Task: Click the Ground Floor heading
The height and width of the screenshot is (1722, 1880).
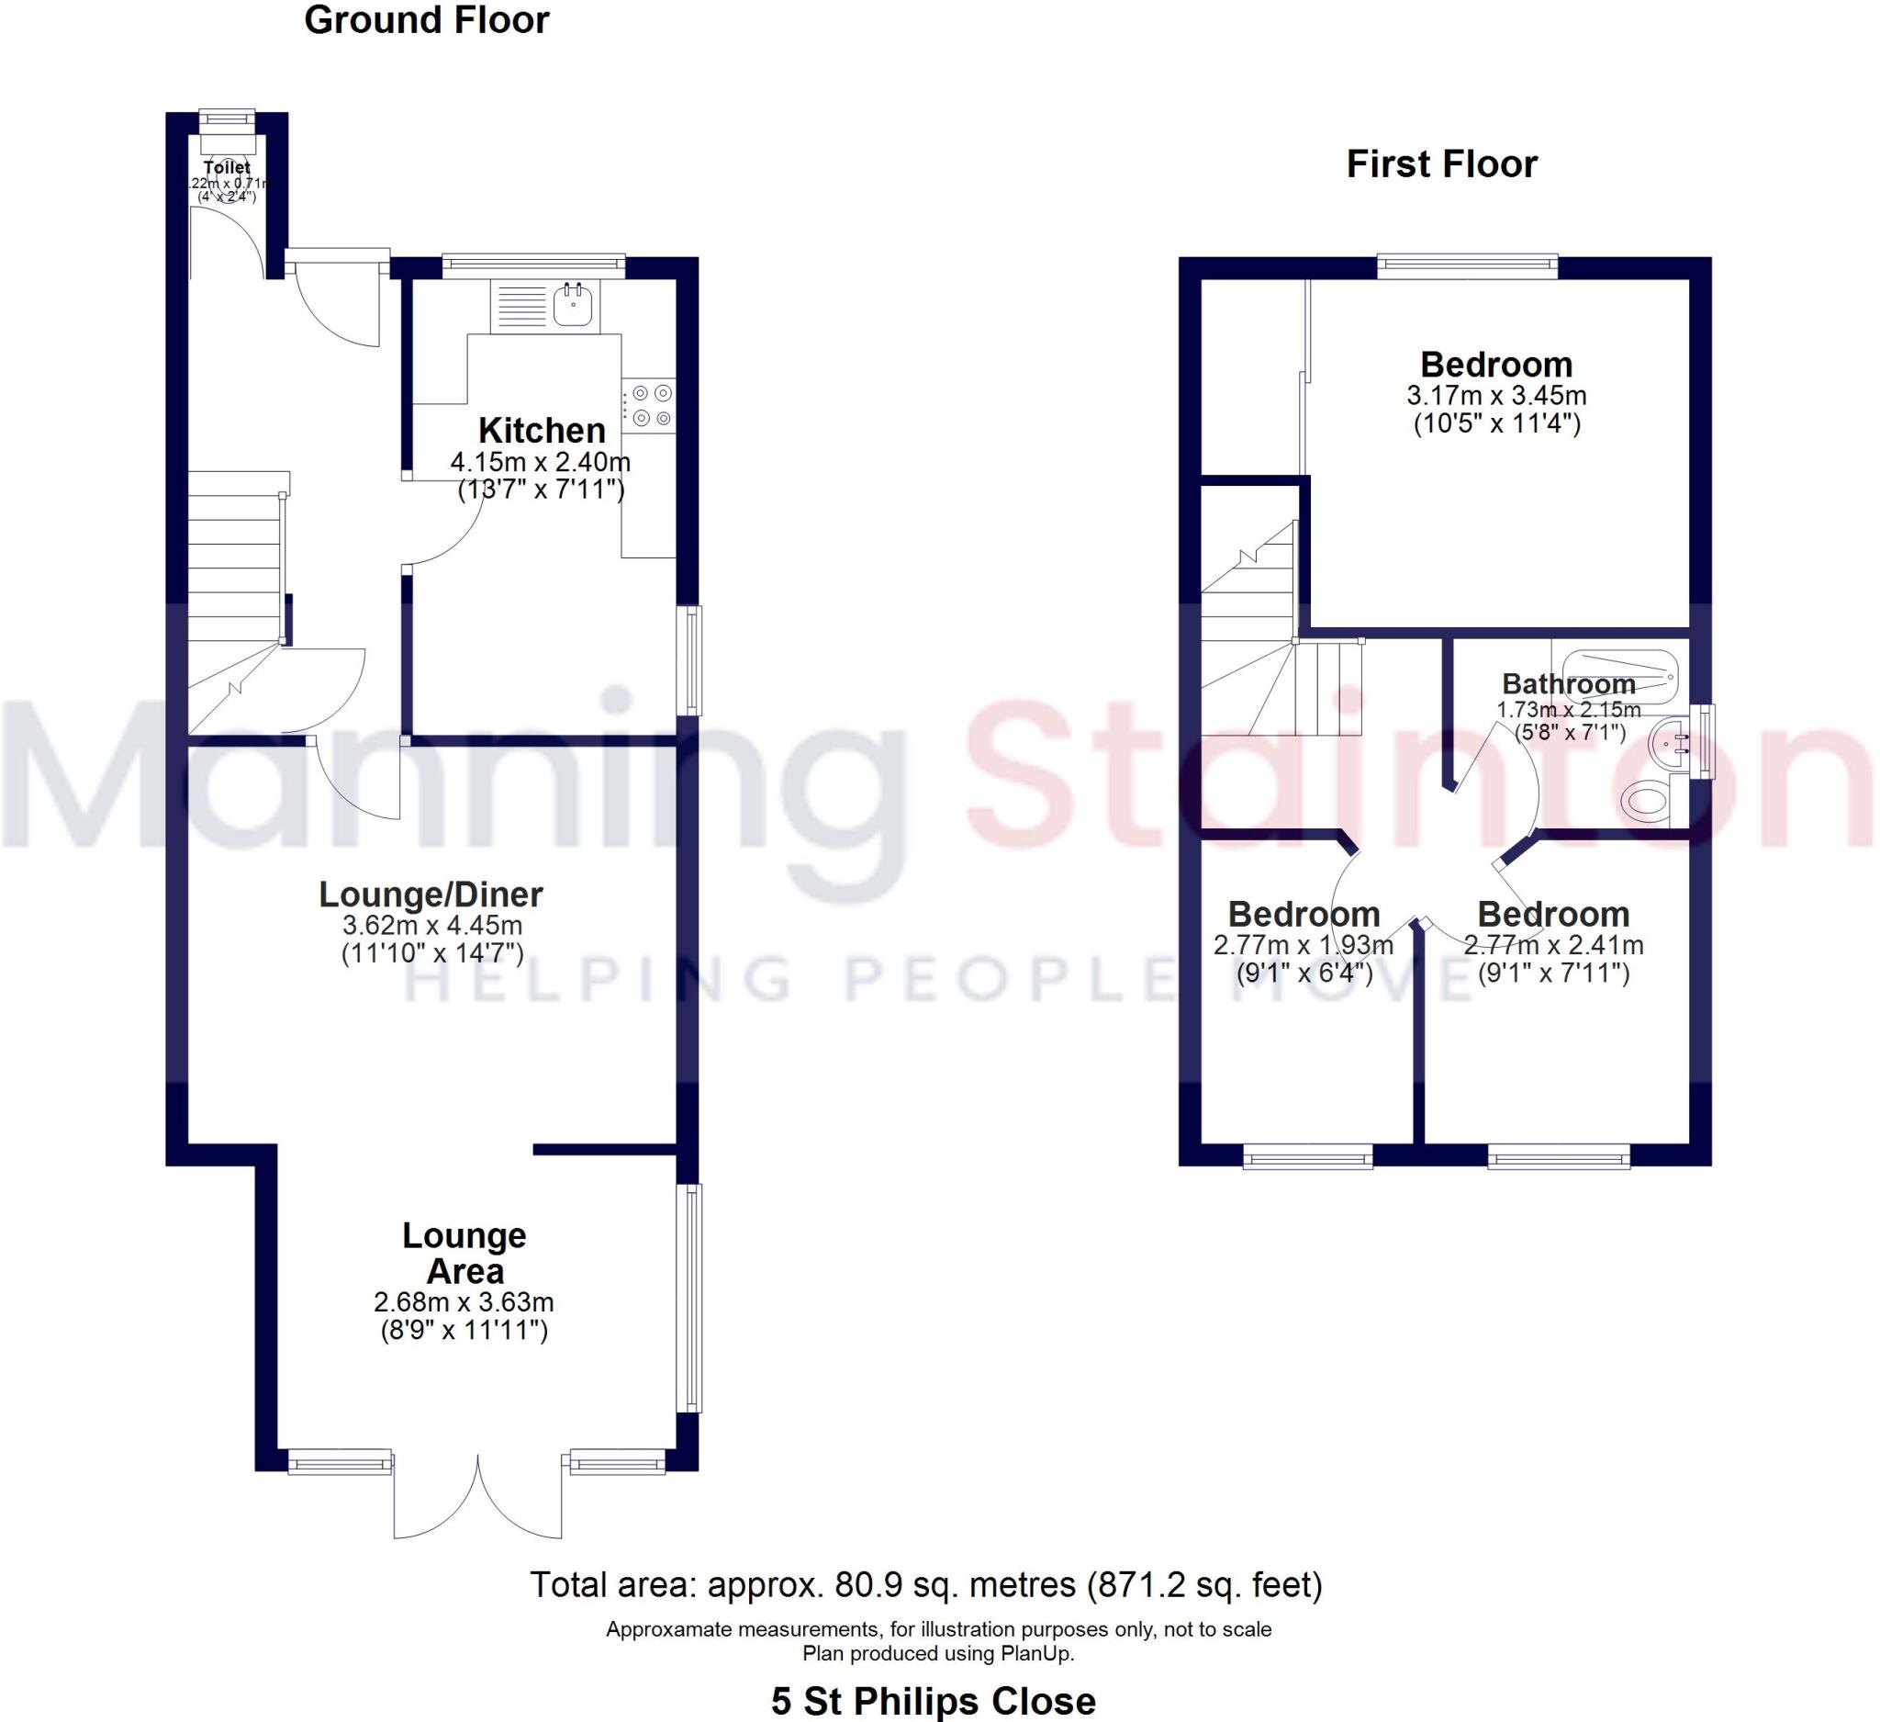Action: pos(426,20)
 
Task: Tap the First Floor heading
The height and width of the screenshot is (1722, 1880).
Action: pos(1441,164)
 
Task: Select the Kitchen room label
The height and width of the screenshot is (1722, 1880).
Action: pos(542,430)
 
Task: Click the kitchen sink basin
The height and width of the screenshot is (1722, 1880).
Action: pos(574,303)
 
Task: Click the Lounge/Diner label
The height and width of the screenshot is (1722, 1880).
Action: pos(431,894)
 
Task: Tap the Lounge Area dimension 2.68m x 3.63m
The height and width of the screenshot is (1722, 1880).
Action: pos(464,1301)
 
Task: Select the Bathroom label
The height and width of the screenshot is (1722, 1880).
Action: pos(1569,684)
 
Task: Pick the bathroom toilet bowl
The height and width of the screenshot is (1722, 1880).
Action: pos(1646,800)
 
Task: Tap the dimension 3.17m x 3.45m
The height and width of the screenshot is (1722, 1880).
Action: pos(1496,396)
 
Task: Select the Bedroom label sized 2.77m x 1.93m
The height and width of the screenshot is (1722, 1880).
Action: pos(1304,913)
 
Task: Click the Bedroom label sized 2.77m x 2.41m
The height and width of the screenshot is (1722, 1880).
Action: pos(1553,913)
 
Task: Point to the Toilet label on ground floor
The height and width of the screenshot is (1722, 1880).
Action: pos(227,168)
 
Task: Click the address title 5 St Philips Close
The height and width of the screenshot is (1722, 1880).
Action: pos(934,1701)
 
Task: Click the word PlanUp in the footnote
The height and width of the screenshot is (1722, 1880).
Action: pos(1036,1653)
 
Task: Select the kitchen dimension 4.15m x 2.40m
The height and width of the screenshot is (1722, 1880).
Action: pos(541,462)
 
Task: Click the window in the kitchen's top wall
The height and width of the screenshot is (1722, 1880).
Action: pos(533,266)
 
